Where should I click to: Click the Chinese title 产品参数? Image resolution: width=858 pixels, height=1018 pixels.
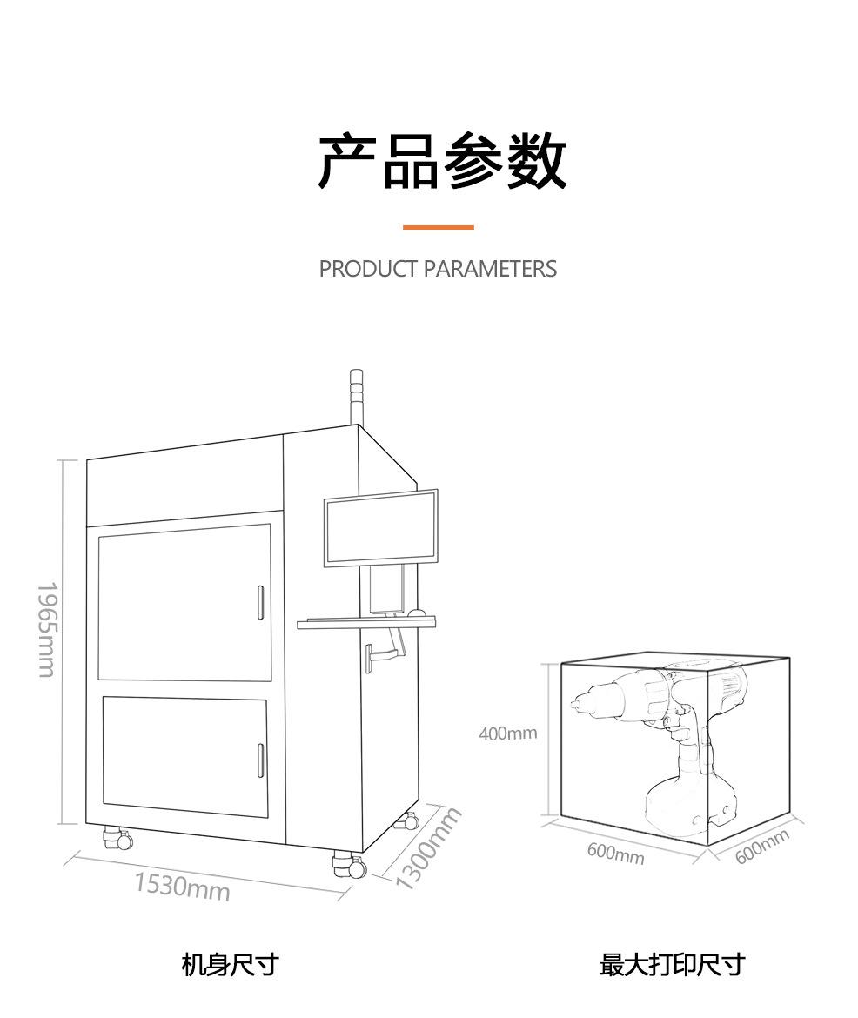441,163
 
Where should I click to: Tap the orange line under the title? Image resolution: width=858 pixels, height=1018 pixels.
438,227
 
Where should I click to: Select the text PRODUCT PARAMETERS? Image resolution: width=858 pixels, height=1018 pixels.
438,269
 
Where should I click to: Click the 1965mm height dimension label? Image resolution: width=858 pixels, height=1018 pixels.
45,629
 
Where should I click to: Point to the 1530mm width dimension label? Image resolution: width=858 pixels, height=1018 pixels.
182,887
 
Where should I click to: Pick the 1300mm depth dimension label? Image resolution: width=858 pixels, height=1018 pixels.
427,849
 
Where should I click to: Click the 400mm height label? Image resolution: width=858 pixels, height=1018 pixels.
508,733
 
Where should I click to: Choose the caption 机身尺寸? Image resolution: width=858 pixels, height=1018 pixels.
230,964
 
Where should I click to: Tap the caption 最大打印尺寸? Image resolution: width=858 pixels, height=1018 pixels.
672,964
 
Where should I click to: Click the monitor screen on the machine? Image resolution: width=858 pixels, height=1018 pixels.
380,528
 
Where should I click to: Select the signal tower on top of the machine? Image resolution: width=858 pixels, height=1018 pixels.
354,396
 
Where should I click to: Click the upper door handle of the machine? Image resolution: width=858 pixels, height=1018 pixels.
260,602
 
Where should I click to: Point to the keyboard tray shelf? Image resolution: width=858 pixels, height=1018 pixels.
365,623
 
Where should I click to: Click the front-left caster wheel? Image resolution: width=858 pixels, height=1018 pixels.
116,839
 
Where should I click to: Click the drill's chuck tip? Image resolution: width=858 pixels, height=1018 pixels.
578,702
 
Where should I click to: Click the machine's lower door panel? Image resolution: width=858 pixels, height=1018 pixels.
184,756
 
